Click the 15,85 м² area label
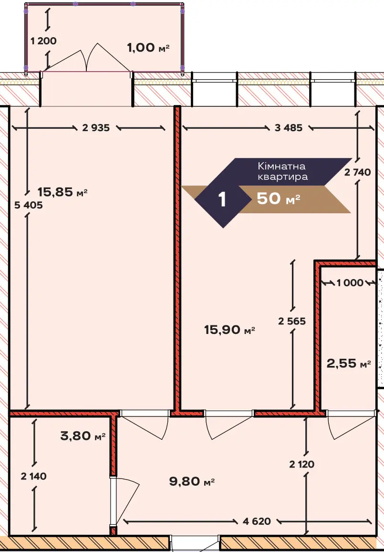pos(62,192)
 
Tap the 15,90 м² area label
pos(229,330)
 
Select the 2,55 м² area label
pos(349,363)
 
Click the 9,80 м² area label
pos(192,481)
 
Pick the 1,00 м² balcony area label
pos(148,48)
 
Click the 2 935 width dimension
pos(96,128)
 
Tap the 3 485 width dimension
pos(289,128)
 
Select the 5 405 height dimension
pos(29,205)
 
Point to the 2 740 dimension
pos(358,173)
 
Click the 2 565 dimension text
pos(292,321)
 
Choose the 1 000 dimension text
pos(350,283)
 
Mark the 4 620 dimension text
pos(257,521)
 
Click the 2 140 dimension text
pos(34,477)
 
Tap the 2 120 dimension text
pos(302,465)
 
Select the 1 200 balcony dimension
pos(43,41)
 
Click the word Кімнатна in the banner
pos(281,166)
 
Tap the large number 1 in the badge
pos(222,199)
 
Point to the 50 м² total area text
pos(279,199)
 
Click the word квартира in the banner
pos(282,177)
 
